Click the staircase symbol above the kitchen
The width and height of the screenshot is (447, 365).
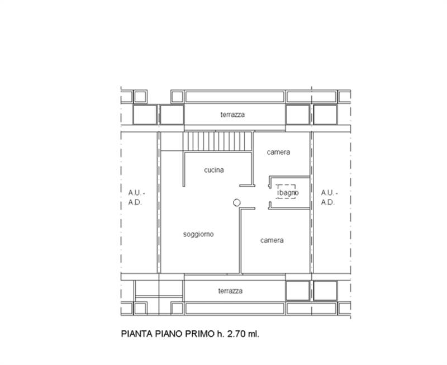(x=217, y=141)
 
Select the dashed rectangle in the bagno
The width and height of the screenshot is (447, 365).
(x=287, y=192)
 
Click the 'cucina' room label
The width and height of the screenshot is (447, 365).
(x=214, y=170)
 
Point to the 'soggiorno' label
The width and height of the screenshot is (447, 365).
(x=198, y=234)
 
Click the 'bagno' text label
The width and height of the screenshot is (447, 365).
(x=289, y=193)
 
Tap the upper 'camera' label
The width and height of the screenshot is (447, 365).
(x=278, y=152)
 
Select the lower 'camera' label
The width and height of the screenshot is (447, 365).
(x=272, y=240)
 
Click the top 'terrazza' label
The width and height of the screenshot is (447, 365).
(x=232, y=115)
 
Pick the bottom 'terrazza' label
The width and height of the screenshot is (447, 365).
(x=230, y=291)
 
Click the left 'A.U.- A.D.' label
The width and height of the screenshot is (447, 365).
(x=135, y=198)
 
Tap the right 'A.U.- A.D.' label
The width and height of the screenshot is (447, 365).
(x=327, y=198)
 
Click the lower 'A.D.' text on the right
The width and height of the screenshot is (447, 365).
(x=327, y=203)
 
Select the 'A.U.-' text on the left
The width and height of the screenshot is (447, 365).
(x=135, y=193)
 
